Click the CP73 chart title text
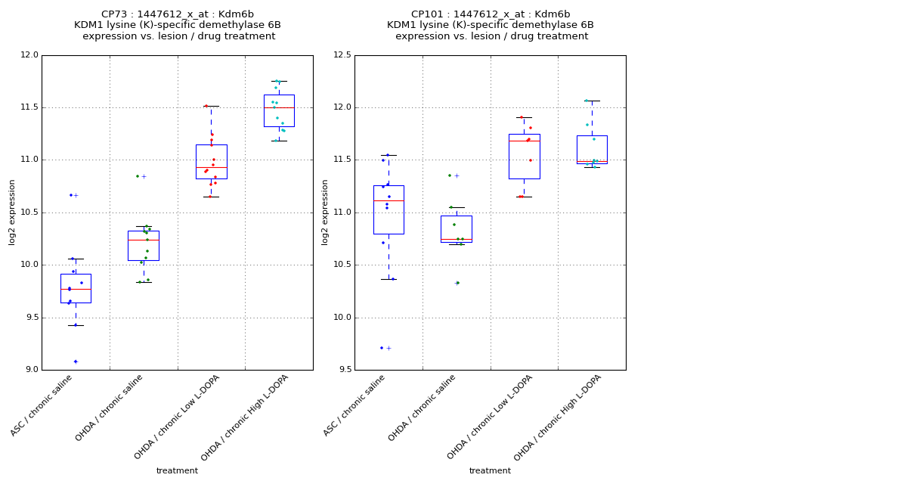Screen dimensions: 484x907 click(178, 25)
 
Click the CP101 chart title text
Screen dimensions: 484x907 click(491, 25)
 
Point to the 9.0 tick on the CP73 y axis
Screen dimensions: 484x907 click(31, 370)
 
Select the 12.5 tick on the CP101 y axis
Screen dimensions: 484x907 click(342, 55)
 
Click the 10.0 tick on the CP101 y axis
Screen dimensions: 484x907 click(342, 318)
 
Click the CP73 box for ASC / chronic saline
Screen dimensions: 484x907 click(76, 288)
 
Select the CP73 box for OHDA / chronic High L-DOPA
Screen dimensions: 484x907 click(279, 110)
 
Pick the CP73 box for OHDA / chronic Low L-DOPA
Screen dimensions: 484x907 click(211, 161)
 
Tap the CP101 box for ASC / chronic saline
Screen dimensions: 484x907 click(388, 209)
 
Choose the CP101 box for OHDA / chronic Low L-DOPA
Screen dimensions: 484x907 click(524, 157)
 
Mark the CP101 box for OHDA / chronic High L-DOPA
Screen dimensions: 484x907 click(592, 150)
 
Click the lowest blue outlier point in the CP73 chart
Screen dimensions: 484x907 click(75, 361)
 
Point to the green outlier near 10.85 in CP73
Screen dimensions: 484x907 click(138, 176)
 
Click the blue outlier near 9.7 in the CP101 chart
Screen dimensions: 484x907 click(382, 348)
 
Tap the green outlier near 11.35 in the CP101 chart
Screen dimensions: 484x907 click(450, 175)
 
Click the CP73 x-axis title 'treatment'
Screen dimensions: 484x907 click(177, 471)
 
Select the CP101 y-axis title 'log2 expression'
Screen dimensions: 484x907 click(325, 212)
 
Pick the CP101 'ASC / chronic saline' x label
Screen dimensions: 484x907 click(355, 405)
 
